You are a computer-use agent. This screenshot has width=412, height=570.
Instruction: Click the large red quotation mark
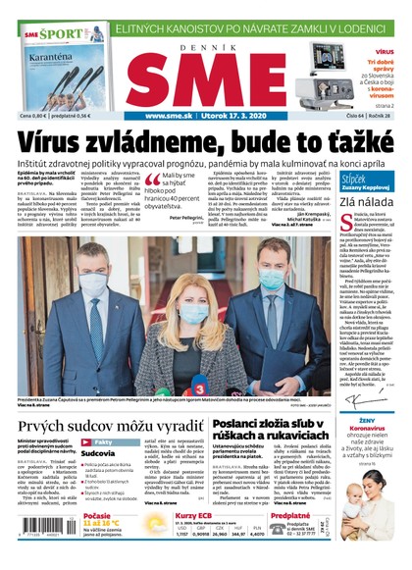[149, 180]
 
